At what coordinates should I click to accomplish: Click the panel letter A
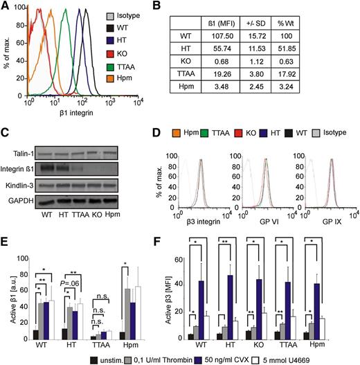[6, 7]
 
